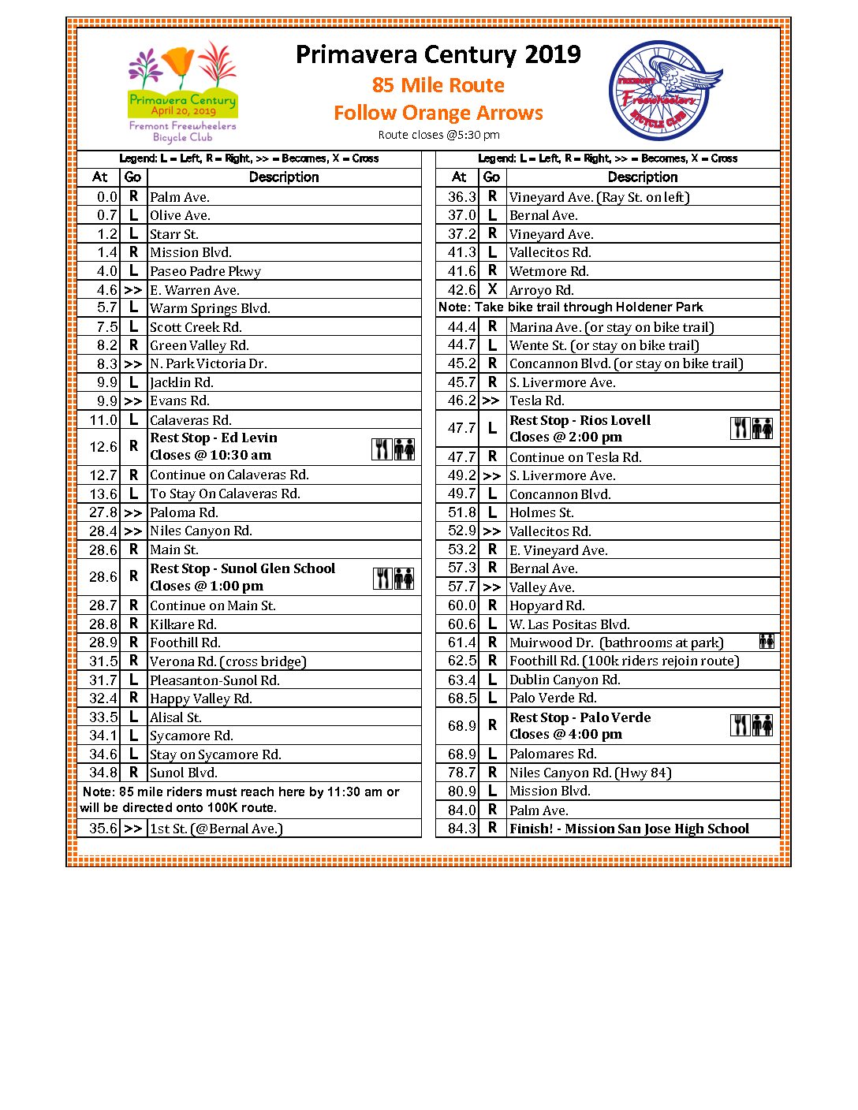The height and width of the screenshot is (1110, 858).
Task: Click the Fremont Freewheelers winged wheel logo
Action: tap(664, 91)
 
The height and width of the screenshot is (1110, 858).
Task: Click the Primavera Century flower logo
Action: tap(183, 92)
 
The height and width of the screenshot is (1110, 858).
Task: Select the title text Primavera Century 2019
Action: tap(438, 54)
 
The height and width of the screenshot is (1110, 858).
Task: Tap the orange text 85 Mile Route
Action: tap(438, 85)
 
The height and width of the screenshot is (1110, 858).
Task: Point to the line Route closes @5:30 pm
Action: tap(438, 135)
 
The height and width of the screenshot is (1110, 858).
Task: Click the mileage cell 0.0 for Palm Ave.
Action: tap(106, 197)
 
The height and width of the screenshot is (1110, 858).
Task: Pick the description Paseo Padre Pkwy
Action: tap(205, 271)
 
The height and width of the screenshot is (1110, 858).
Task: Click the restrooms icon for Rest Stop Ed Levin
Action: tap(405, 449)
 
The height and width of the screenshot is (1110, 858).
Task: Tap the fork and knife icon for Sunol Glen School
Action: tap(383, 579)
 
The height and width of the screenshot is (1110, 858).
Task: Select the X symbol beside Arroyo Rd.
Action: tap(492, 289)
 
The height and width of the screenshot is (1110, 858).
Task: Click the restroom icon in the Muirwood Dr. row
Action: tap(766, 642)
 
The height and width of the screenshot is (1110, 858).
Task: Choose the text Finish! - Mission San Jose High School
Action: tap(629, 829)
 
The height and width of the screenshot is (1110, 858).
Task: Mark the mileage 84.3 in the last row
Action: tap(461, 829)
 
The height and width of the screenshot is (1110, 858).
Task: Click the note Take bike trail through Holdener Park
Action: tap(570, 307)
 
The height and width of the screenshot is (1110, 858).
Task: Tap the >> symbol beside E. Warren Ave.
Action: tap(132, 290)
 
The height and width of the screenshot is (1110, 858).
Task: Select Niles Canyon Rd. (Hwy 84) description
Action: tap(590, 773)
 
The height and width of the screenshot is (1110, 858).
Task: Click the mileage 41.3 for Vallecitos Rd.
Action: tap(461, 253)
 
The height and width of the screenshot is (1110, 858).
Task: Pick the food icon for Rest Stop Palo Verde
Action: tap(740, 725)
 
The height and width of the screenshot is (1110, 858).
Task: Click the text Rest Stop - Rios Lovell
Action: tap(580, 420)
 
